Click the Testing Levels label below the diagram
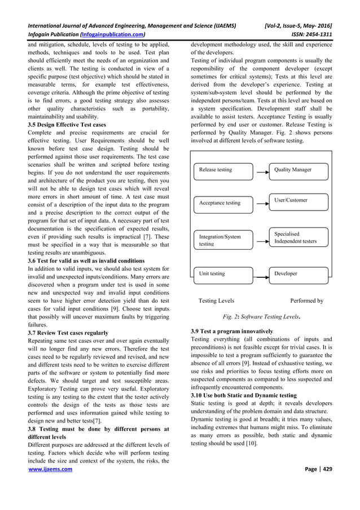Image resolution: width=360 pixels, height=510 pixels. point(216,301)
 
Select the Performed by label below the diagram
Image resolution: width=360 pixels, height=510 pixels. point(306,301)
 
